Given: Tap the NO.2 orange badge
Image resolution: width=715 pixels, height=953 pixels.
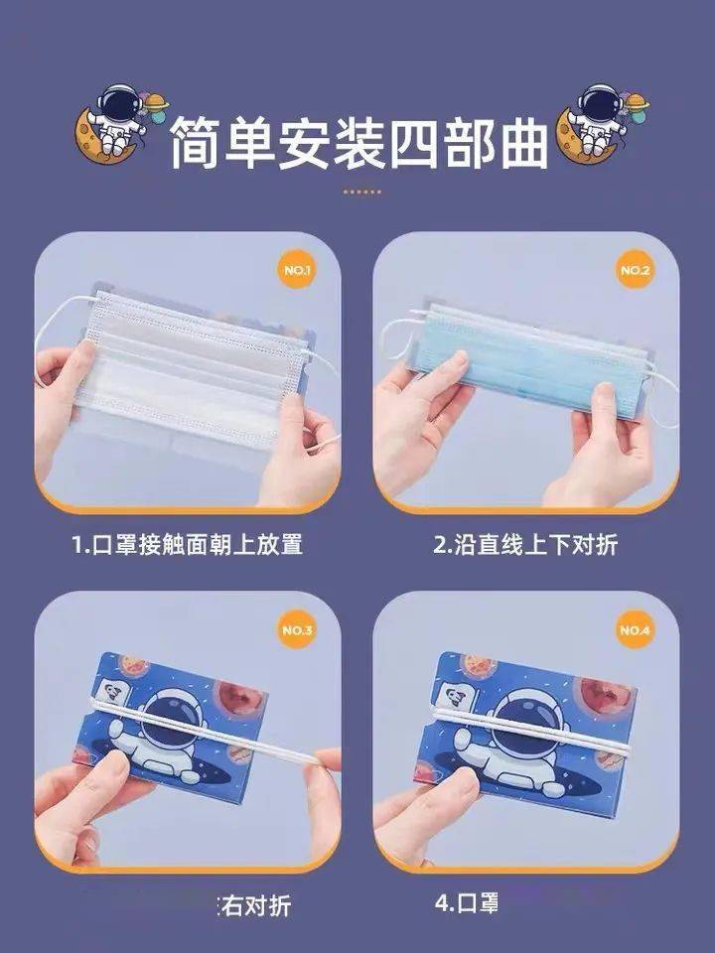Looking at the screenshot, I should tap(635, 269).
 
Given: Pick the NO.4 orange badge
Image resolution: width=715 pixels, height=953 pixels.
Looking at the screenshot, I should tap(635, 629).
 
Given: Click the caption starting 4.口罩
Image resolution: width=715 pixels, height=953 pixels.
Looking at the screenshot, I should tap(466, 904).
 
